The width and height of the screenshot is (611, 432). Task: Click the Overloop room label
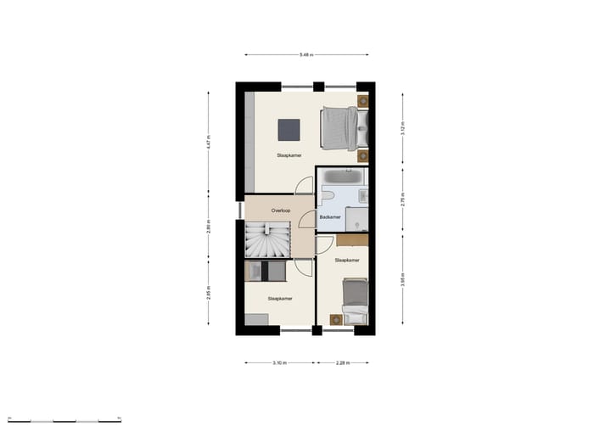pos(282,210)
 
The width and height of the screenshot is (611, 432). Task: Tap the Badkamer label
pos(330,217)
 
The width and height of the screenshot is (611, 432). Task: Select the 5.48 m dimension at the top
pos(306,55)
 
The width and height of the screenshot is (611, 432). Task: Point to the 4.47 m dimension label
pos(209,143)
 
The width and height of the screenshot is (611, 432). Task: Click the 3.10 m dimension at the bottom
pos(279,362)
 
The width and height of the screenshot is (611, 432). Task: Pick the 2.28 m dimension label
pos(342,362)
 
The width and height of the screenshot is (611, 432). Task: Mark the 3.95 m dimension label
pos(403,279)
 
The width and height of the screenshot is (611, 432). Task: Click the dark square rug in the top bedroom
pos(289,130)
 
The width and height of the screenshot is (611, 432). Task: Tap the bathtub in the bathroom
pos(343,178)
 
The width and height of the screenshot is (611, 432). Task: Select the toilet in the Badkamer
pos(327,196)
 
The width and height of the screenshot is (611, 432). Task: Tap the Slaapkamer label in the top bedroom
pos(289,156)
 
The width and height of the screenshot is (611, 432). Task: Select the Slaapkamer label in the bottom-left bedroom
pos(279,299)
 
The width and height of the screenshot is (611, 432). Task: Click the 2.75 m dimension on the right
pos(403,202)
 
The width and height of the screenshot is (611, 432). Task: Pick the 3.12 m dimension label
pos(403,129)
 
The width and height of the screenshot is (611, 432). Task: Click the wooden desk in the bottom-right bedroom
pos(352,241)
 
